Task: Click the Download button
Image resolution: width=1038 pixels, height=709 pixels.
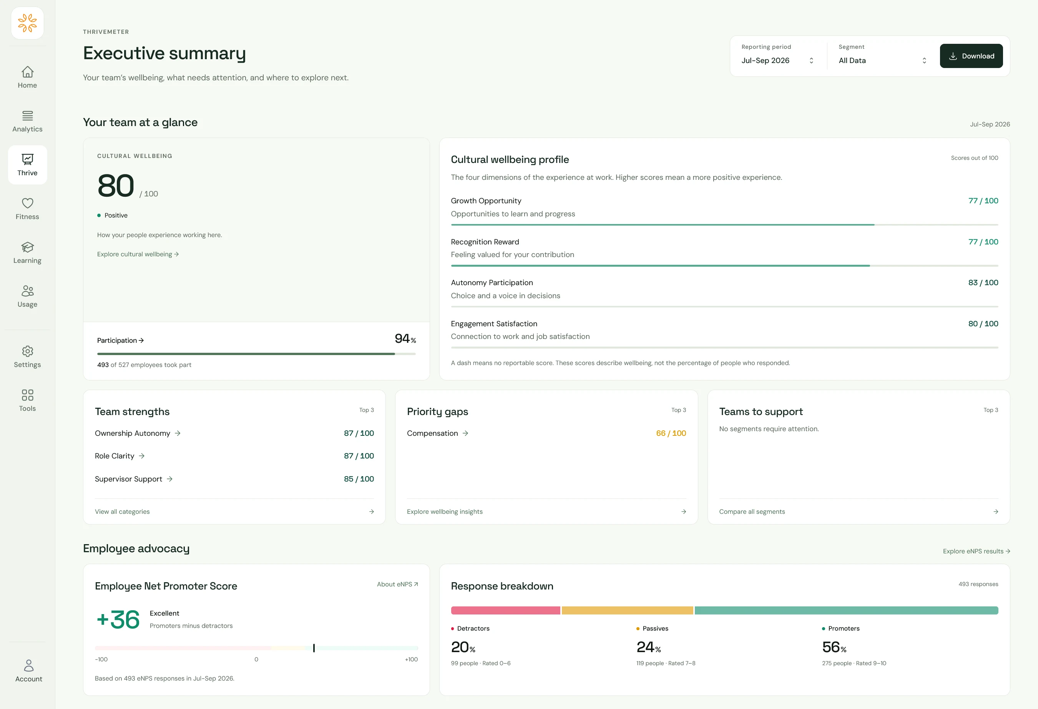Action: (x=971, y=56)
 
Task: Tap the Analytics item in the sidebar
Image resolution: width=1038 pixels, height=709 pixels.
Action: (x=27, y=121)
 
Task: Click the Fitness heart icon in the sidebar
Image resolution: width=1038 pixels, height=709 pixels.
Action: (x=28, y=203)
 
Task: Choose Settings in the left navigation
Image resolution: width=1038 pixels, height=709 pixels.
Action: (x=27, y=357)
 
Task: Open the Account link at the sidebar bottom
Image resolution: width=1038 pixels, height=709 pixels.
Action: (x=28, y=671)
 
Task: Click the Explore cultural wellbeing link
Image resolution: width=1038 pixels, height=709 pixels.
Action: (x=138, y=254)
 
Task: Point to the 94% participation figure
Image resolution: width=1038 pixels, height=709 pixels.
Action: (x=405, y=339)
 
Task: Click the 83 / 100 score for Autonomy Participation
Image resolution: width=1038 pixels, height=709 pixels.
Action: (x=983, y=282)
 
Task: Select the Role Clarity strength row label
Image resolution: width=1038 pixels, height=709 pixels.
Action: (x=115, y=456)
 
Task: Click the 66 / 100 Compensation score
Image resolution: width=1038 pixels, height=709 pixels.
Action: (x=671, y=433)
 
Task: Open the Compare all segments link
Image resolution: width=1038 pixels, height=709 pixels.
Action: (x=752, y=511)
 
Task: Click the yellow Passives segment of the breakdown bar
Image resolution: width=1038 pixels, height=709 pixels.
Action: (x=627, y=610)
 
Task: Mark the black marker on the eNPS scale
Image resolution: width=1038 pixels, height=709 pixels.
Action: (x=314, y=648)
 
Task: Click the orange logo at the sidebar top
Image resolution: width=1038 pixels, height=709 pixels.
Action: (x=27, y=23)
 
